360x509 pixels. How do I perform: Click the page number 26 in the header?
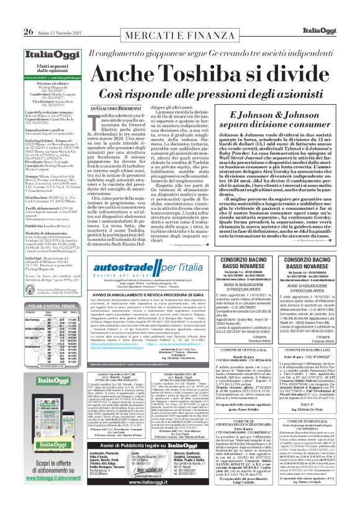11,15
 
